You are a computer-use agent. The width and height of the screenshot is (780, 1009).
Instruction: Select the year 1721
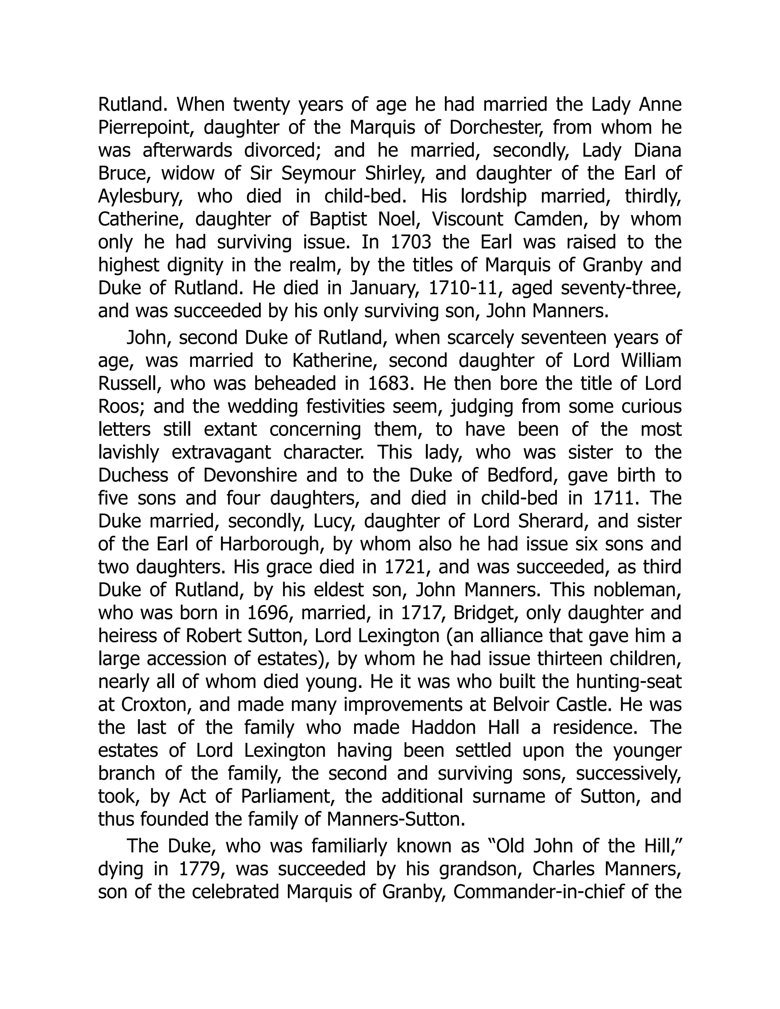click(x=405, y=567)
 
